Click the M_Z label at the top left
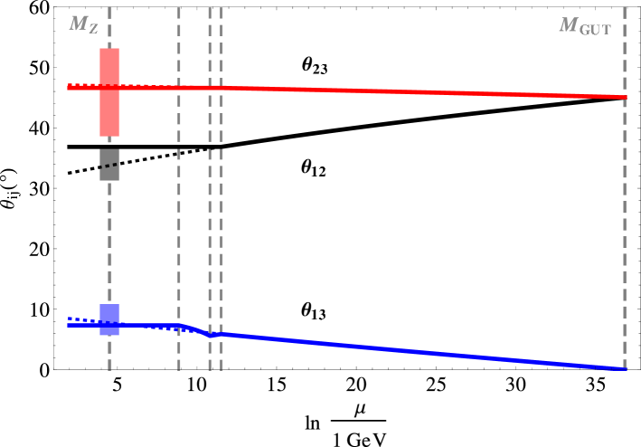[x=83, y=24]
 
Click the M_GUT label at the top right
[x=585, y=25]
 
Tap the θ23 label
[x=314, y=65]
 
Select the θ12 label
[x=314, y=167]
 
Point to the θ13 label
[x=314, y=310]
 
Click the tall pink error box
[x=109, y=113]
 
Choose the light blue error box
[x=109, y=312]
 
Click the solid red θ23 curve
[x=407, y=91]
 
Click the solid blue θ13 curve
[x=407, y=348]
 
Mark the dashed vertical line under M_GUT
[x=625, y=226]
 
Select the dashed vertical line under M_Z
[x=109, y=235]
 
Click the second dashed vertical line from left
[x=179, y=226]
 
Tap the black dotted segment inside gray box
[x=109, y=166]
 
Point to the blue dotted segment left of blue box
[x=81, y=319]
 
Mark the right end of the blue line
[x=624, y=368]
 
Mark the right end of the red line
[x=624, y=96]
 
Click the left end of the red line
[x=69, y=88]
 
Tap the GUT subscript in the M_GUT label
[x=597, y=29]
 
